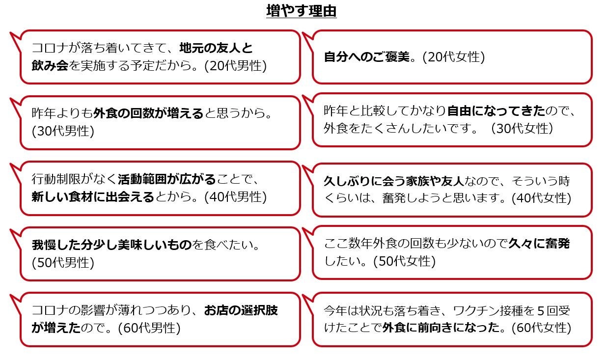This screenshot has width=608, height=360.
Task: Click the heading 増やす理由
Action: [301, 11]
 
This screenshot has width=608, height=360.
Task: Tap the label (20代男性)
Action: [235, 66]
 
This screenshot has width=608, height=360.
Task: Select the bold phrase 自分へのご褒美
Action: [366, 57]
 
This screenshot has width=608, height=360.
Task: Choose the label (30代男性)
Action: [63, 131]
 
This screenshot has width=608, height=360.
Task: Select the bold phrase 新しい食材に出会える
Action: [93, 197]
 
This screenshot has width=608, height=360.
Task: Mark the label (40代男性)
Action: [235, 197]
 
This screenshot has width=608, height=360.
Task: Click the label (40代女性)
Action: [541, 198]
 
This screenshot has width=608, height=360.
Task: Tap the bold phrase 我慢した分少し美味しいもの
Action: [111, 245]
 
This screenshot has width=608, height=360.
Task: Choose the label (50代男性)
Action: [63, 263]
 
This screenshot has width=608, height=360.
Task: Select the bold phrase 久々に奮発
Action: [539, 243]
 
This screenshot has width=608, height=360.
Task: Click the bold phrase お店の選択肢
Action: [241, 310]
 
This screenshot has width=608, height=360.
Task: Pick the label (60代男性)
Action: [149, 328]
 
